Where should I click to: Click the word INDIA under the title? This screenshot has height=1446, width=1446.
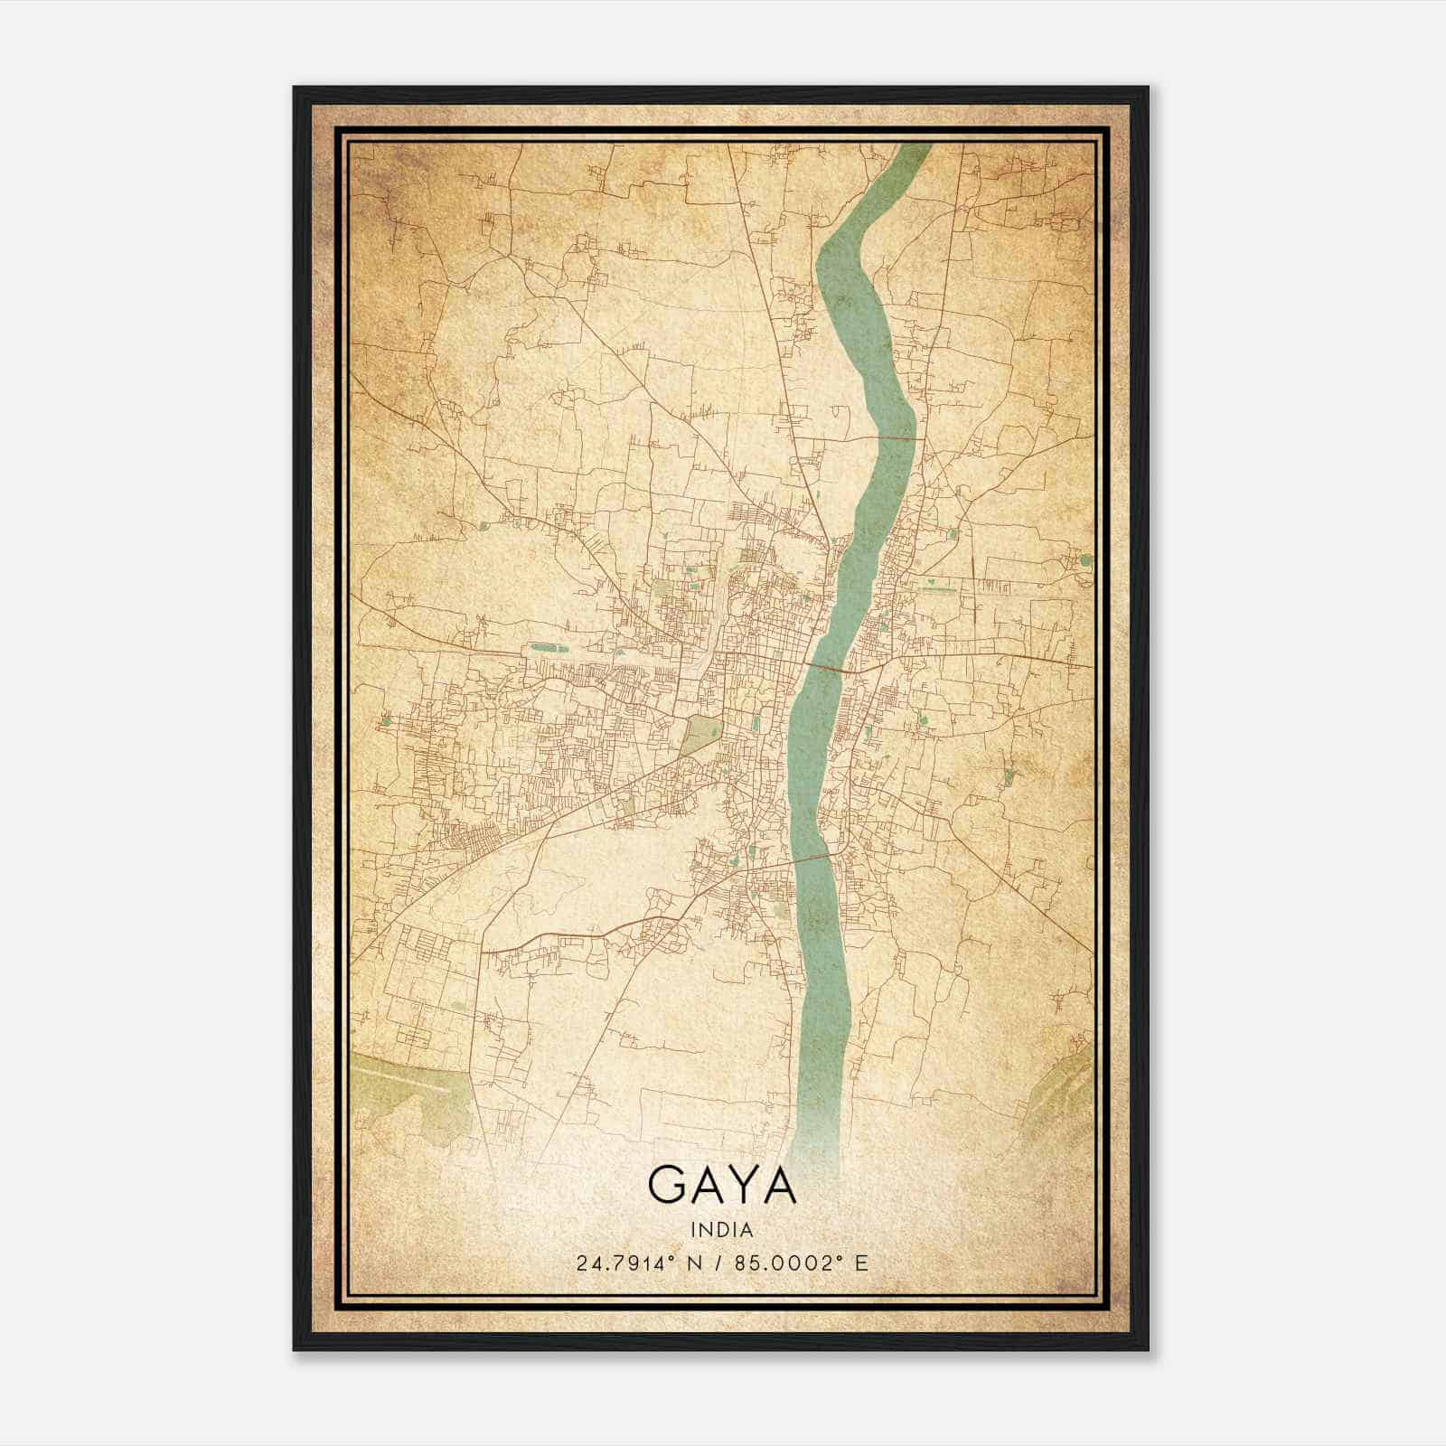[x=722, y=1229]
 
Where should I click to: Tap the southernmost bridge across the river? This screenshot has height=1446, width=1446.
[x=813, y=855]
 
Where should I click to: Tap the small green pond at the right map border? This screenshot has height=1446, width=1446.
[x=1084, y=560]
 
